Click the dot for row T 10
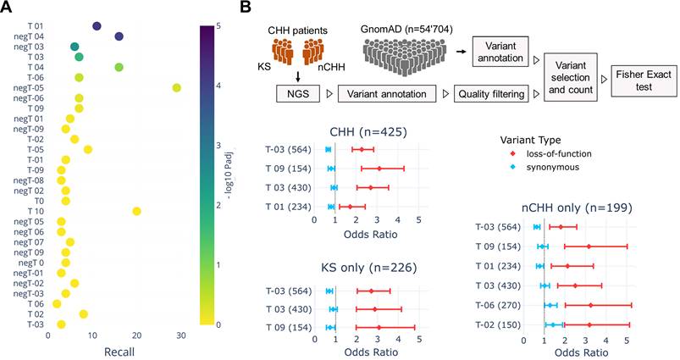point(136,211)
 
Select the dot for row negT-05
point(176,87)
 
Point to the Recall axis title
point(114,350)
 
